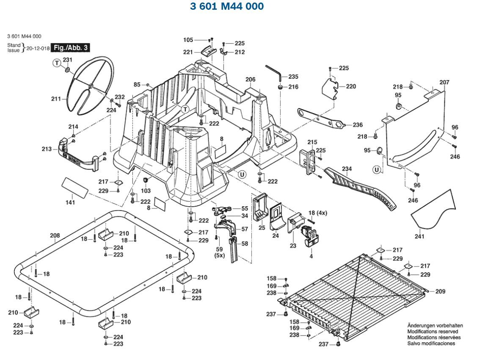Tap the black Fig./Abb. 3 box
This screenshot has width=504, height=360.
pyautogui.click(x=71, y=47)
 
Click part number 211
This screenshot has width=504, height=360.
pyautogui.click(x=56, y=99)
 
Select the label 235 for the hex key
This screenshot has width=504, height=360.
pyautogui.click(x=293, y=77)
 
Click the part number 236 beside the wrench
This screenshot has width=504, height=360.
pyautogui.click(x=358, y=125)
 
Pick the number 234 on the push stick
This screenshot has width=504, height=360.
pyautogui.click(x=347, y=169)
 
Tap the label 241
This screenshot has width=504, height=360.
pyautogui.click(x=419, y=236)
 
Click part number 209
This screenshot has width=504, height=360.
pyautogui.click(x=440, y=291)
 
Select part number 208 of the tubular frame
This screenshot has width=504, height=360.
pyautogui.click(x=55, y=235)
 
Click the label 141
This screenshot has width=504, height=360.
pyautogui.click(x=70, y=202)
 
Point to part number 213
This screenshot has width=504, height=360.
pyautogui.click(x=47, y=149)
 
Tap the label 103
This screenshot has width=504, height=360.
pyautogui.click(x=146, y=191)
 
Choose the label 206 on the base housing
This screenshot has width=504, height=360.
pyautogui.click(x=251, y=79)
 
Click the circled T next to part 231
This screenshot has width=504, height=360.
pyautogui.click(x=56, y=63)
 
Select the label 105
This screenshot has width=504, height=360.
pyautogui.click(x=188, y=40)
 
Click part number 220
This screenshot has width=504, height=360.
pyautogui.click(x=351, y=86)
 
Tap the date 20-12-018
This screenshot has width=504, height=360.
pyautogui.click(x=38, y=48)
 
